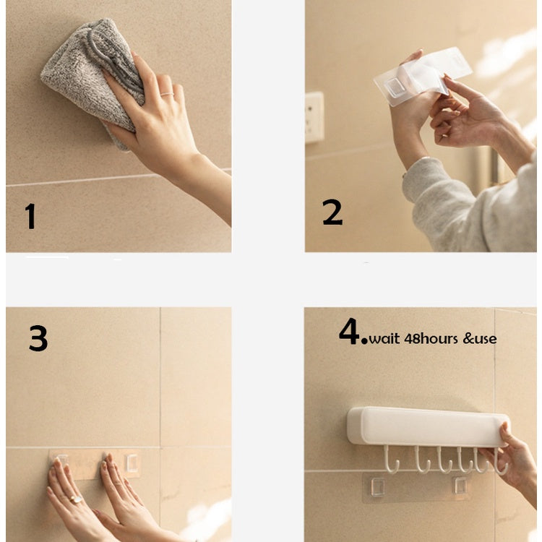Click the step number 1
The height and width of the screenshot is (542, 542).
click(31, 216)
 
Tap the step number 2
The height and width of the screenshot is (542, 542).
click(332, 212)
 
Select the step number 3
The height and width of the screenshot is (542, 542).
click(38, 338)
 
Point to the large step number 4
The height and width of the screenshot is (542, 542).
click(350, 331)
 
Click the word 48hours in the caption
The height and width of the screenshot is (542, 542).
click(431, 339)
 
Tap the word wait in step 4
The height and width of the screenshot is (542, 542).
click(384, 339)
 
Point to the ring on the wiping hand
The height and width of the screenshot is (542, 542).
click(167, 94)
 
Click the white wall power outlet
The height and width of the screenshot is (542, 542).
click(314, 117)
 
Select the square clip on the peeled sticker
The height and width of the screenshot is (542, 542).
click(395, 87)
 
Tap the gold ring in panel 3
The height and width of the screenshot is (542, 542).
click(76, 499)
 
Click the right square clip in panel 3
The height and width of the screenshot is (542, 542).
click(132, 463)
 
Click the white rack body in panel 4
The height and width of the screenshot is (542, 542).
click(428, 427)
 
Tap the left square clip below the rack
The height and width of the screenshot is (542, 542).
click(378, 486)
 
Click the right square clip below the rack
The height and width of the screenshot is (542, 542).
click(460, 486)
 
